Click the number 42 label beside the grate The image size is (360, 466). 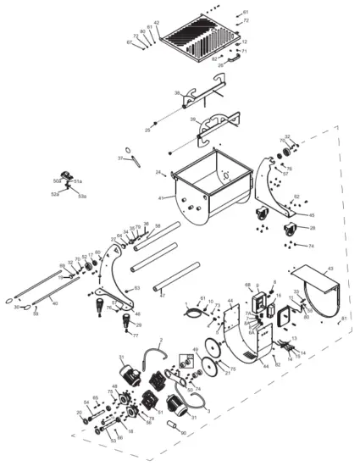point(157,23)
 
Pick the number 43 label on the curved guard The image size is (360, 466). point(330,269)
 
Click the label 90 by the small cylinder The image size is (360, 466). point(184,433)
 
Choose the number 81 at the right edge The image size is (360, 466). point(344,318)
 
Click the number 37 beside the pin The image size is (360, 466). point(120,158)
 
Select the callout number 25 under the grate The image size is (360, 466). point(147,130)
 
